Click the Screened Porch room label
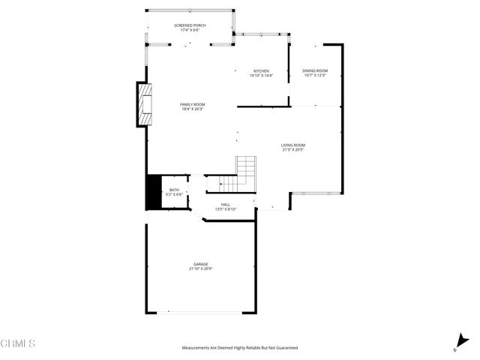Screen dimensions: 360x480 (x=190, y=25)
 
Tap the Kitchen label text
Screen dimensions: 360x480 (x=261, y=71)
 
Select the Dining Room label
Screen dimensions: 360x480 (x=316, y=70)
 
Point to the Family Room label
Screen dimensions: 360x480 (x=193, y=104)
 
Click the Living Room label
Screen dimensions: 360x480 (x=293, y=145)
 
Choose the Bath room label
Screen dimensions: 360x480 (x=174, y=190)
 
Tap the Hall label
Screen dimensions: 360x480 (x=225, y=204)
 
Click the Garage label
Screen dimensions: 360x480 (x=200, y=264)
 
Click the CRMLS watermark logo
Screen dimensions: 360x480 (x=18, y=343)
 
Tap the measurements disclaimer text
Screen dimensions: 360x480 (x=239, y=348)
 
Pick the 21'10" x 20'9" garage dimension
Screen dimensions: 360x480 (x=200, y=268)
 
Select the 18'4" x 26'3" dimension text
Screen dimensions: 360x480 (x=193, y=109)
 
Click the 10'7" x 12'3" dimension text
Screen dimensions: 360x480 (x=316, y=75)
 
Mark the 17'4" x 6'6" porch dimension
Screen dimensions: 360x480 (x=190, y=30)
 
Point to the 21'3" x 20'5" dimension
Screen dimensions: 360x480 (x=293, y=150)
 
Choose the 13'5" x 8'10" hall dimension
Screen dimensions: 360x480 (x=225, y=208)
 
